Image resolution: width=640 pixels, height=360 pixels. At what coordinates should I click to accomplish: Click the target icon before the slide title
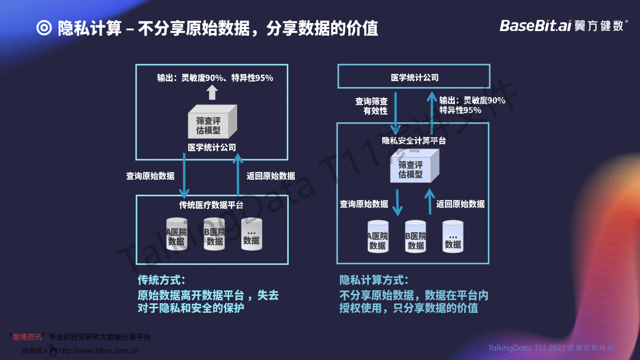(44, 28)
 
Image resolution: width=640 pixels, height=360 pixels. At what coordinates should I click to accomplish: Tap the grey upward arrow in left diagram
(212, 92)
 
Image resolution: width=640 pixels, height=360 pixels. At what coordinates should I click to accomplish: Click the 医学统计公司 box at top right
(414, 78)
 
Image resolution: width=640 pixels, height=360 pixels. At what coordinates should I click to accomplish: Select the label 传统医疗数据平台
(212, 204)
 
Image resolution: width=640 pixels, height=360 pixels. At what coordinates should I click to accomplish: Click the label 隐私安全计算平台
(414, 141)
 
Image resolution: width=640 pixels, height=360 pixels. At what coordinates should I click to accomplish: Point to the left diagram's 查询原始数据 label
(151, 176)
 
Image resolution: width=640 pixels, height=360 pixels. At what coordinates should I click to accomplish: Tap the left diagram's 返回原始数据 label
(271, 176)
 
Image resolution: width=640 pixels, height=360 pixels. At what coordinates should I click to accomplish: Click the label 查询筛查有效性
(371, 106)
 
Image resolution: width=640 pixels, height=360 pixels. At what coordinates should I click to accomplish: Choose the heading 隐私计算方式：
(374, 279)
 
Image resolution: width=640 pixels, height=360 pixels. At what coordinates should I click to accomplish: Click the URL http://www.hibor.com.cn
(99, 351)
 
